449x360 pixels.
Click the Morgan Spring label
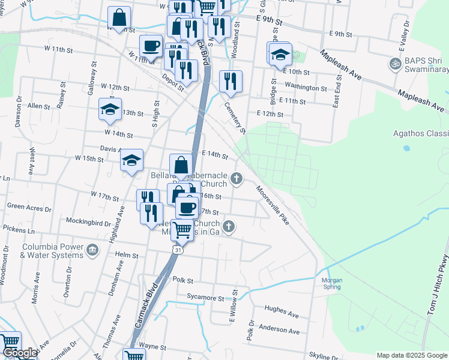(x=332, y=283)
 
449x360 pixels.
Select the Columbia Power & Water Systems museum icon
(x=92, y=250)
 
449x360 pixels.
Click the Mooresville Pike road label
(x=273, y=205)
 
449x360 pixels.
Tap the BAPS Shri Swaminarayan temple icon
(x=395, y=63)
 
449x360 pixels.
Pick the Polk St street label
(x=181, y=280)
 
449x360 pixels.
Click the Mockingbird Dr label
(x=88, y=222)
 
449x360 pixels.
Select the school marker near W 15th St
(x=131, y=160)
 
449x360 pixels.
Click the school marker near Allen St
(x=110, y=109)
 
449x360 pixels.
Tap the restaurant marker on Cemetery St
(x=231, y=81)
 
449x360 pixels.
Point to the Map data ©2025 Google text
(x=411, y=355)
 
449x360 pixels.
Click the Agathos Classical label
(x=420, y=133)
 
